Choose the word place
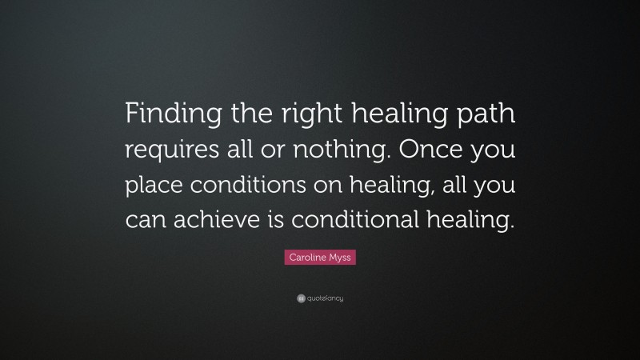tap(154, 186)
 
